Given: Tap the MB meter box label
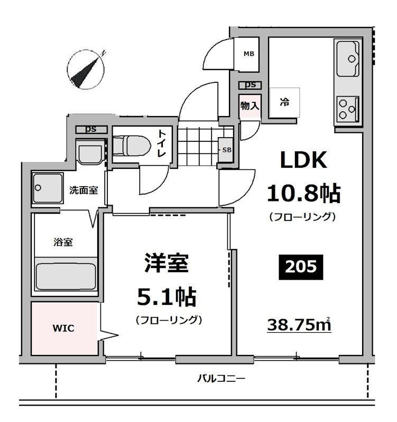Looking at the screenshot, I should pos(248,53).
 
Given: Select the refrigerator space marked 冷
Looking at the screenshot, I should pos(284,103).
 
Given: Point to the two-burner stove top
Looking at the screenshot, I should pos(347,108).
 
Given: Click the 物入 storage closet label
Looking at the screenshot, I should pos(250,105).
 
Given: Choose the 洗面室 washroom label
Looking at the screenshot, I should pos(83,190).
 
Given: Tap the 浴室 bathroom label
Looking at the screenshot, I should pos(63,242).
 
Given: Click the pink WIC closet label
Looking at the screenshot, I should pos(63,328).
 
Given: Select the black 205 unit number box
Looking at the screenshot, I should pos(300,267).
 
